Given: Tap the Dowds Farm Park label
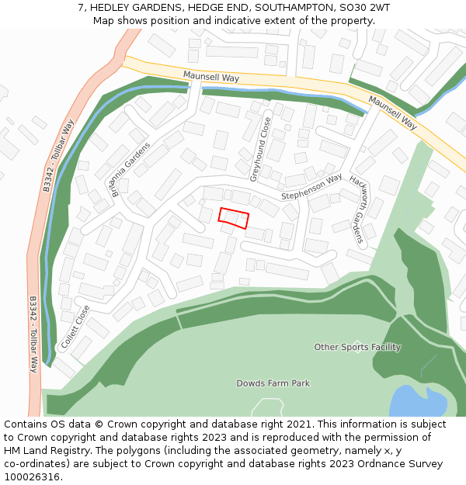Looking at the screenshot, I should tap(273, 383).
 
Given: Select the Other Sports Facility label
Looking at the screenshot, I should tap(357, 347).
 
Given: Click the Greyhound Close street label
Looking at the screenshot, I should tap(260, 149).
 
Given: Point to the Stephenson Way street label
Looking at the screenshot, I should tap(311, 187).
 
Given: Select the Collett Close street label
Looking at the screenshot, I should tap(75, 326).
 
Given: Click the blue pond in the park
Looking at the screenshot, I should tap(417, 401).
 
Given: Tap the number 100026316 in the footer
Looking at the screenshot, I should tap(32, 477).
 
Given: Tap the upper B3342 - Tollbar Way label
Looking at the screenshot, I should tap(57, 155).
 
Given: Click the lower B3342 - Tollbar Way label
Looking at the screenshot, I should tap(33, 334).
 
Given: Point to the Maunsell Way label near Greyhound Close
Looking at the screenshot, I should tap(210, 76).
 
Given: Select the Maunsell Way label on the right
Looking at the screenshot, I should tap(393, 113).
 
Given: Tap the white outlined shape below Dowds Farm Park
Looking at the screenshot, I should tap(268, 407).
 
